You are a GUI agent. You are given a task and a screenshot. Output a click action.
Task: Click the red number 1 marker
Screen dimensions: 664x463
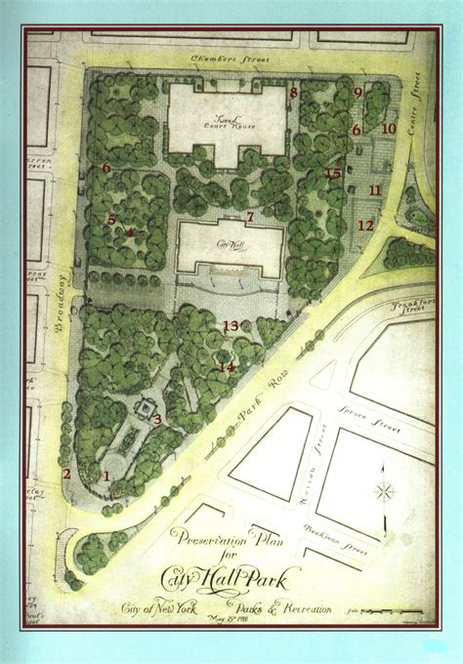click(107, 477)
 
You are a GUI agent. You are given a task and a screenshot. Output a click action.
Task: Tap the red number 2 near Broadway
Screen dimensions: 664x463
click(66, 474)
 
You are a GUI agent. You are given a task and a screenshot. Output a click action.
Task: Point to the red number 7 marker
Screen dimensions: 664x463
click(250, 216)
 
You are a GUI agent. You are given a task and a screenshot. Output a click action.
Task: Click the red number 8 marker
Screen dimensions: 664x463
click(293, 93)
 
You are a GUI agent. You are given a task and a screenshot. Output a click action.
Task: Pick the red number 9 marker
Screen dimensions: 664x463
click(358, 93)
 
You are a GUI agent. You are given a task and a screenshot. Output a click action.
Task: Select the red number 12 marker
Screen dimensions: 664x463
click(365, 226)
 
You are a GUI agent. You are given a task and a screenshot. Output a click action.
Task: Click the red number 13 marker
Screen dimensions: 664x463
click(231, 325)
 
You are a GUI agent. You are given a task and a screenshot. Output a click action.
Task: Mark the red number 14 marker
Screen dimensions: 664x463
click(227, 367)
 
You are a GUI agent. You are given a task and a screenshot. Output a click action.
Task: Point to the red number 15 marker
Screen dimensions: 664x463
click(333, 174)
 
